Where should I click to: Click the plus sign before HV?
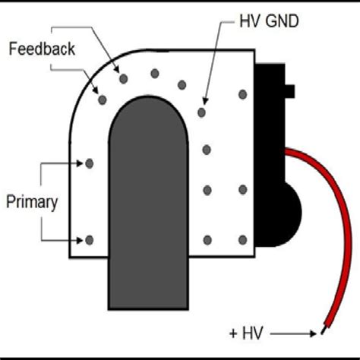tap(232, 333)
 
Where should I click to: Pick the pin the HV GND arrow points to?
tap(201, 112)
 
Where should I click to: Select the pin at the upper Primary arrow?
tap(90, 163)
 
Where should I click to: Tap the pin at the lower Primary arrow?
tap(90, 240)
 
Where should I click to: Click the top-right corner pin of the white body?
tap(242, 95)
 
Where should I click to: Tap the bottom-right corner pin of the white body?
tap(242, 240)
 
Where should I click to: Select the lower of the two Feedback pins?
tap(100, 98)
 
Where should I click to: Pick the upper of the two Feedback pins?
tap(122, 77)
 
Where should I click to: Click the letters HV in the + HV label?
tap(251, 333)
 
